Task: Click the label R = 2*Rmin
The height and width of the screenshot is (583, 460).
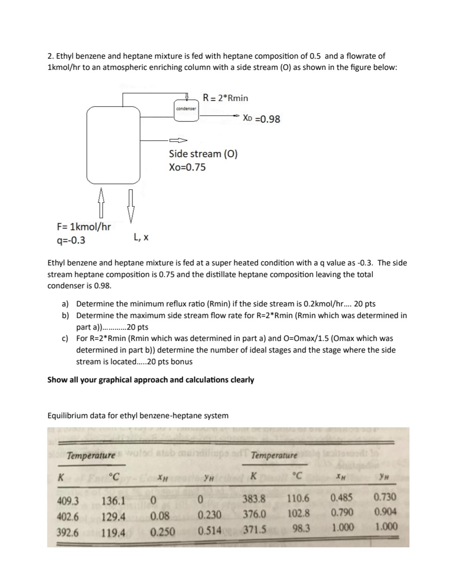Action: pos(225,98)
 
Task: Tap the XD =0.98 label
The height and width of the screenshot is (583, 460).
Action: pos(261,119)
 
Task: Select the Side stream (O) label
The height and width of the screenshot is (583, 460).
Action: pos(203,154)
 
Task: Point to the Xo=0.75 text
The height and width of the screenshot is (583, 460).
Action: pos(187,167)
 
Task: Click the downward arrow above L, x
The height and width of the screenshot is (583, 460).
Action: pos(131,206)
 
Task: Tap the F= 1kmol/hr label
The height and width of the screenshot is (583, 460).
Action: pos(84,227)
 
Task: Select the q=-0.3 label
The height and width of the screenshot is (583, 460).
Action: pos(71,240)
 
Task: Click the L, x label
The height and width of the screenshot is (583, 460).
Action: pos(141,237)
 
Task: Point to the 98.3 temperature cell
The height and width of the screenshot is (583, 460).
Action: pos(301,528)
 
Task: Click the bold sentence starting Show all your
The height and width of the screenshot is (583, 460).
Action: pos(150,380)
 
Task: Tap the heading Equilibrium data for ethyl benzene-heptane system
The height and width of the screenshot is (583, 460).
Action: pos(138,416)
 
